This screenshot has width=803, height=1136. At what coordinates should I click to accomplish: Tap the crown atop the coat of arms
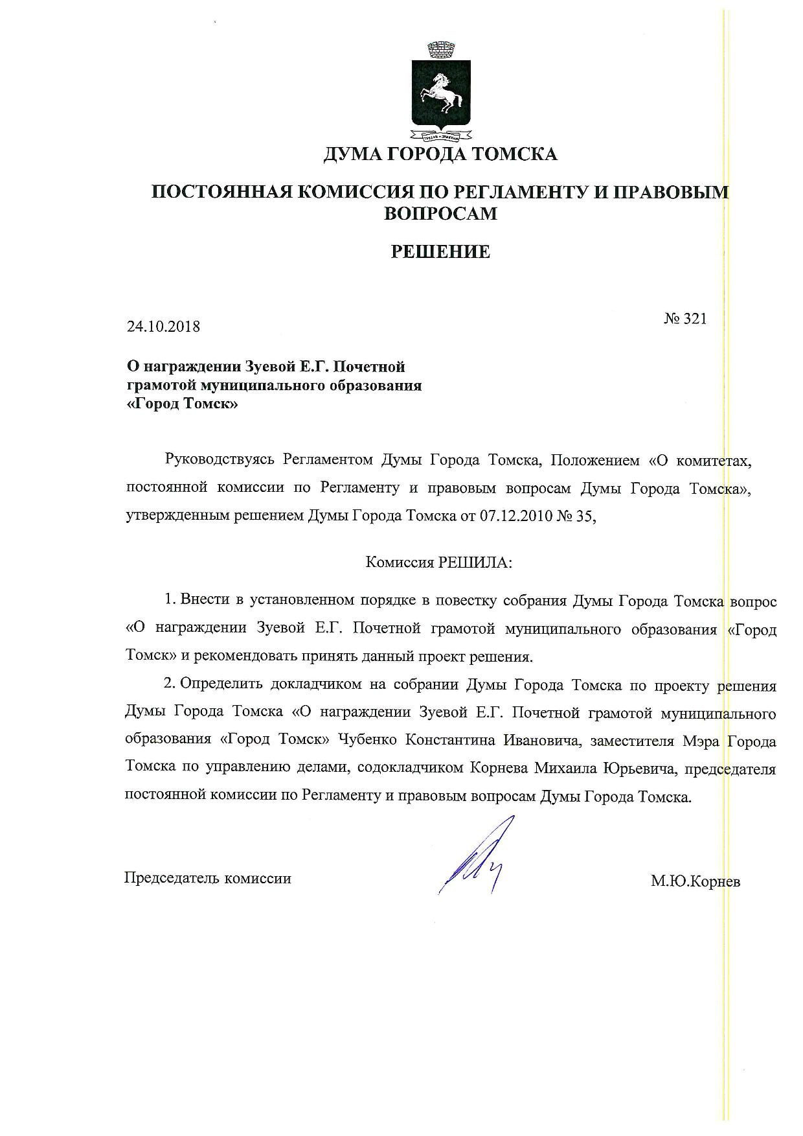[x=442, y=48]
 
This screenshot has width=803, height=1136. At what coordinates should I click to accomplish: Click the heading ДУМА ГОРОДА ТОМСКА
[x=440, y=154]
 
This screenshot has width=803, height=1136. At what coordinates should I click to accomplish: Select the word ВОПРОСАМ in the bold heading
[x=440, y=214]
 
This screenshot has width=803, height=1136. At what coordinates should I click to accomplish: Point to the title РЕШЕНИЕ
[x=440, y=252]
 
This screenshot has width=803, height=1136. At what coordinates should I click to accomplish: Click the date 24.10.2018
[x=163, y=327]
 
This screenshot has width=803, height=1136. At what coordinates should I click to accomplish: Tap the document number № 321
[x=685, y=319]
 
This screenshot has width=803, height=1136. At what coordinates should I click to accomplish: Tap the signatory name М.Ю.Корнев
[x=696, y=881]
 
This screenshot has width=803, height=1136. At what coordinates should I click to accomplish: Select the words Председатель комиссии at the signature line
[x=207, y=879]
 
